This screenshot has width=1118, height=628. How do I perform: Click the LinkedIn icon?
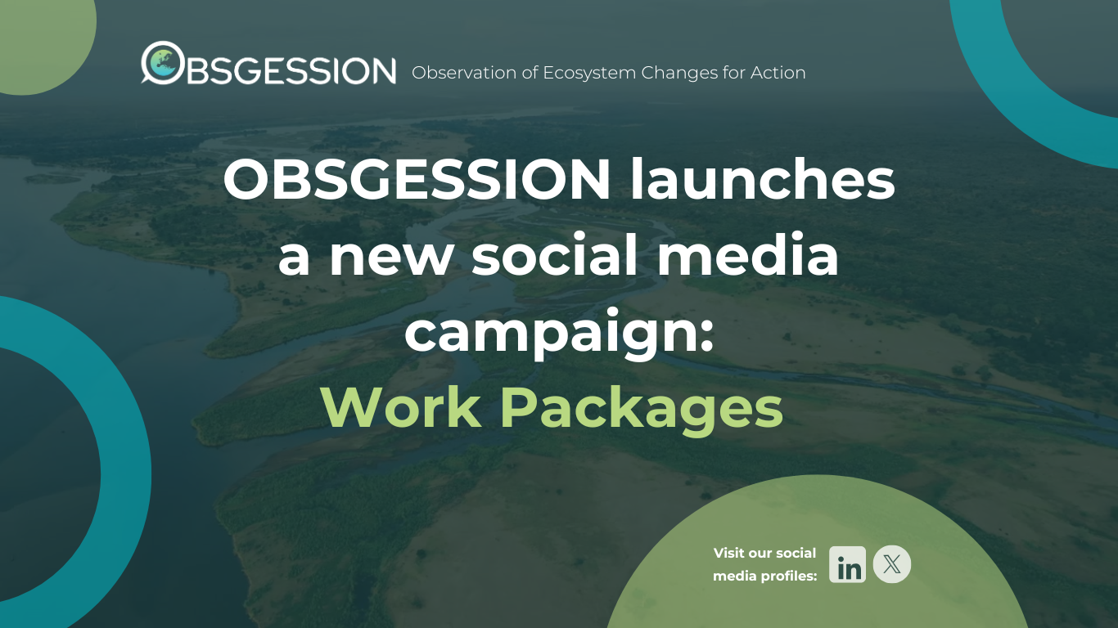click(847, 564)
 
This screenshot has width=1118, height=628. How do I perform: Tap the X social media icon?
click(892, 564)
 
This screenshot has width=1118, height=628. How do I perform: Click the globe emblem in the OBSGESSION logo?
click(163, 62)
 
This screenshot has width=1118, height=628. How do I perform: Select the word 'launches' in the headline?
click(763, 180)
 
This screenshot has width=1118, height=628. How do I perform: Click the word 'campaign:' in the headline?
click(560, 333)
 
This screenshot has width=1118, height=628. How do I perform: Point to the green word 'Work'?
click(402, 407)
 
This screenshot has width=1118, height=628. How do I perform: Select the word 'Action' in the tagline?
click(778, 73)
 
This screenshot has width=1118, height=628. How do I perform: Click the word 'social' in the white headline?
click(555, 255)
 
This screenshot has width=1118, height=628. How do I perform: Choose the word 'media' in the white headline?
click(748, 255)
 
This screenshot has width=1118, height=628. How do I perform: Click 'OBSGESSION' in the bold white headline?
click(417, 180)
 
